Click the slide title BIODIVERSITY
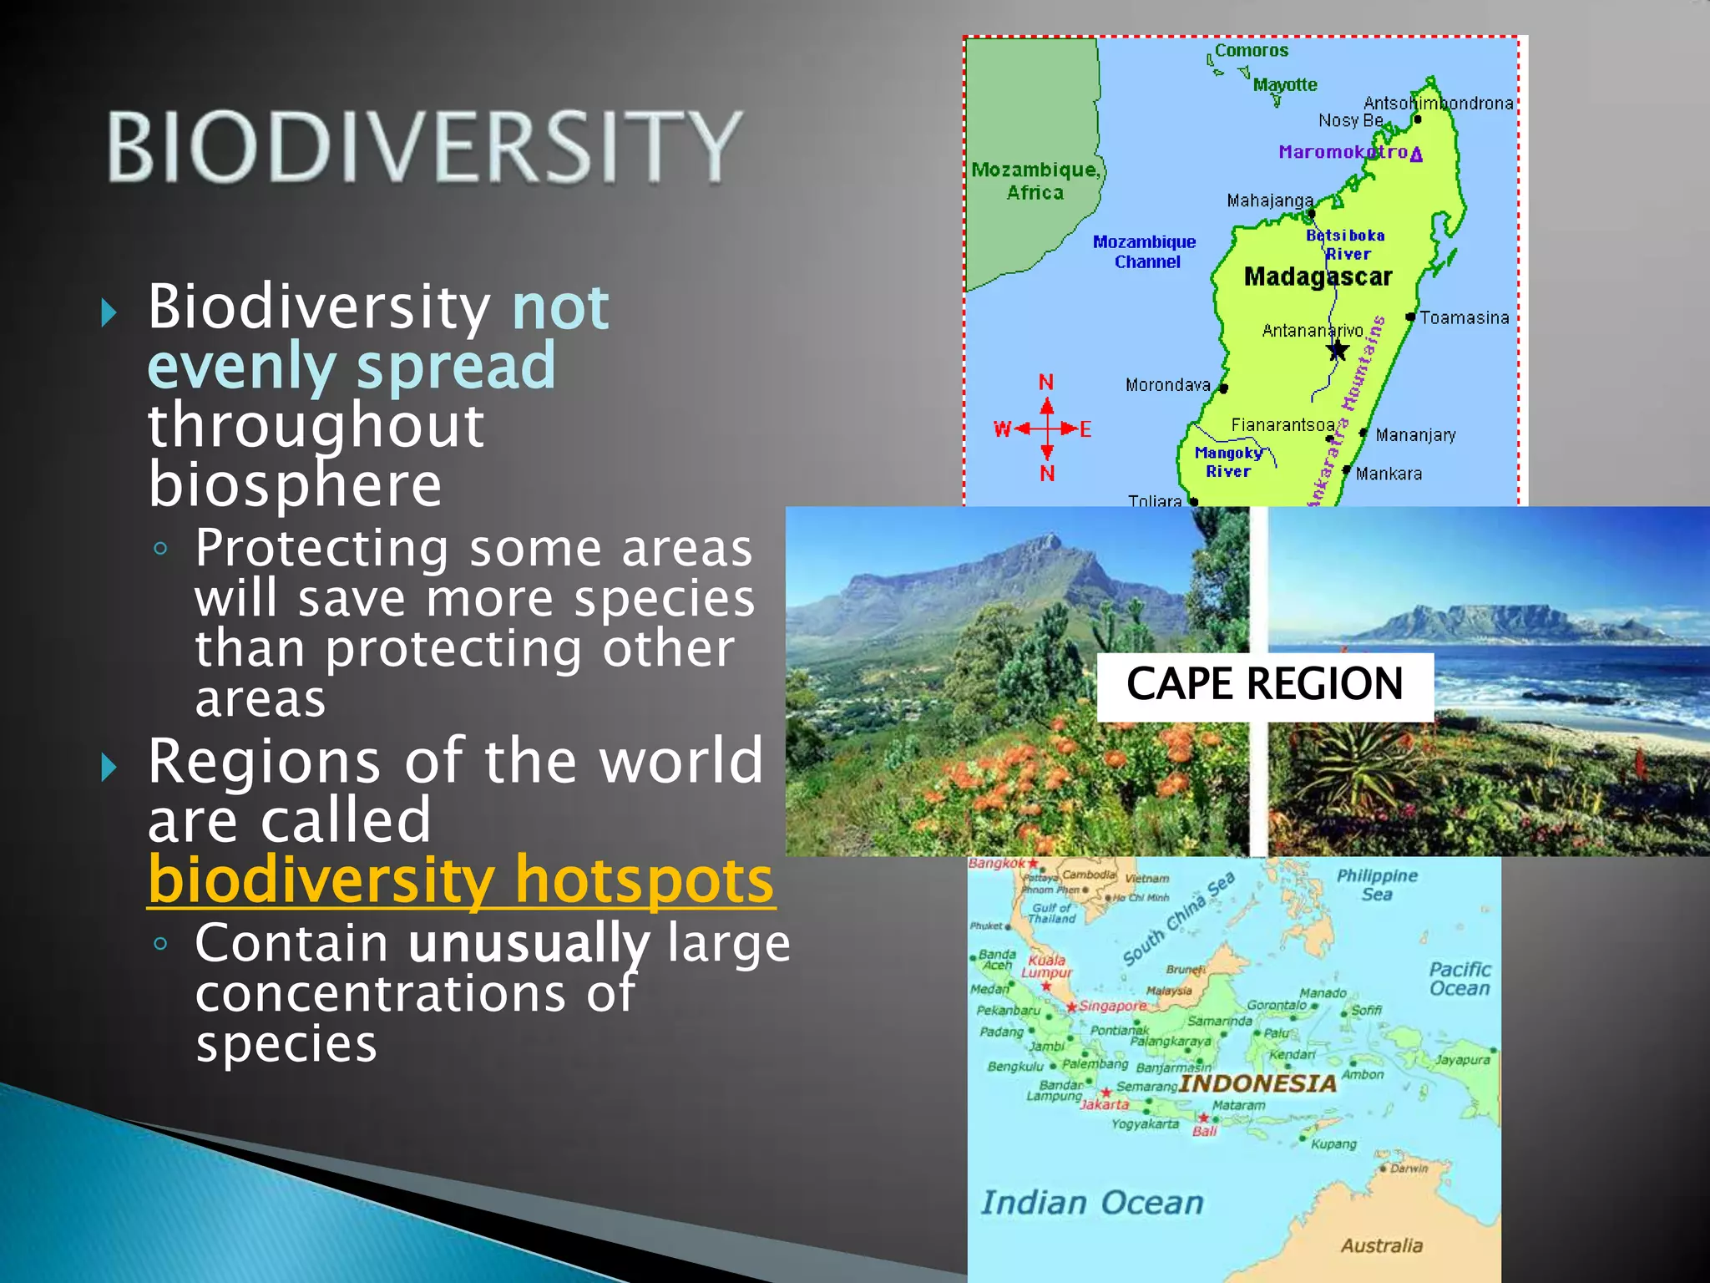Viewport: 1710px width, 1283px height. pos(424,147)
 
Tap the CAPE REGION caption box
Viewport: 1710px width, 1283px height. pos(1264,685)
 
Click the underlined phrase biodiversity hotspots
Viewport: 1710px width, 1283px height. pos(461,880)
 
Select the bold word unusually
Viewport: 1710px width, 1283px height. pos(529,944)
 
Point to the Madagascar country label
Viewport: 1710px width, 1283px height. pos(1318,276)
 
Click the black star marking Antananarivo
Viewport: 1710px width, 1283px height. pos(1338,350)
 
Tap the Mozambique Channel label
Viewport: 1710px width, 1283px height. pos(1145,251)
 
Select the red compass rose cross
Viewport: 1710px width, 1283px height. pos(1046,429)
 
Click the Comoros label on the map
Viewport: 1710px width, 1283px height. pos(1251,51)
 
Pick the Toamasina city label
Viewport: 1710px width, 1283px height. pos(1464,318)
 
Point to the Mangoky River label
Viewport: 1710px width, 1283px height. pos(1228,462)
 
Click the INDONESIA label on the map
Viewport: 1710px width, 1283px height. pos(1257,1083)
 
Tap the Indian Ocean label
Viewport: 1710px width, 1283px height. pos(1092,1203)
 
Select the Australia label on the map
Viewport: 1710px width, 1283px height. pos(1381,1245)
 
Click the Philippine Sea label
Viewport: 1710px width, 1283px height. pos(1377,885)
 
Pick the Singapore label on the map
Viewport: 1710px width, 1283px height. pos(1113,1006)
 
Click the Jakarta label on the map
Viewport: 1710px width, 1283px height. pos(1105,1104)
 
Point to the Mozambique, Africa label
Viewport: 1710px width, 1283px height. pos(1035,180)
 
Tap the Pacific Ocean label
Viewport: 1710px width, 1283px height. pos(1459,979)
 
